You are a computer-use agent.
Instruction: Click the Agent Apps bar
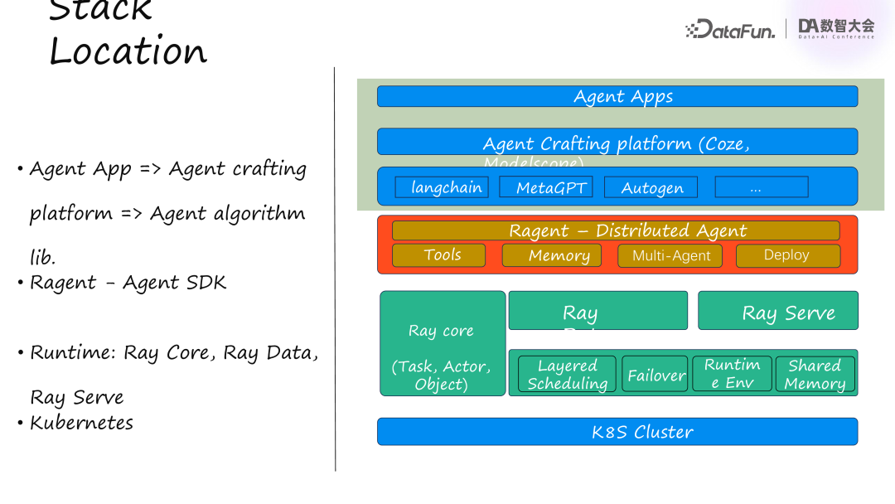pyautogui.click(x=617, y=96)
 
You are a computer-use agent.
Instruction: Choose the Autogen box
pyautogui.click(x=651, y=187)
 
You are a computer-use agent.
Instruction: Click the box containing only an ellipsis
pyautogui.click(x=761, y=187)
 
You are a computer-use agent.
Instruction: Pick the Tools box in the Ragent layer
pyautogui.click(x=438, y=255)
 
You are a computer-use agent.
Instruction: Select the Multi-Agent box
pyautogui.click(x=670, y=256)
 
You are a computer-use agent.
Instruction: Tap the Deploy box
pyautogui.click(x=787, y=255)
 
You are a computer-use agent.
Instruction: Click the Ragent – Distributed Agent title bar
pyautogui.click(x=616, y=230)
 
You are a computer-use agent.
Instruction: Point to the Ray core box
pyautogui.click(x=443, y=343)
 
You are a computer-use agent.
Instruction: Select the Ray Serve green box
pyautogui.click(x=778, y=311)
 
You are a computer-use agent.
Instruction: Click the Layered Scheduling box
pyautogui.click(x=568, y=375)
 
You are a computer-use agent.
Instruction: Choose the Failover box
pyautogui.click(x=656, y=375)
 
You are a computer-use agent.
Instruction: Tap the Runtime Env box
pyautogui.click(x=732, y=374)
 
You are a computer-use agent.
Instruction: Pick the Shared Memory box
pyautogui.click(x=815, y=375)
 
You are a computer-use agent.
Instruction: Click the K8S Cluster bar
pyautogui.click(x=617, y=432)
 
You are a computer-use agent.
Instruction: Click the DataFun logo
pyautogui.click(x=731, y=30)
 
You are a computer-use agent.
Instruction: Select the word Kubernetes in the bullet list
pyautogui.click(x=81, y=423)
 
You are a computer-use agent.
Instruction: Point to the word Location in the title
pyautogui.click(x=128, y=51)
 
